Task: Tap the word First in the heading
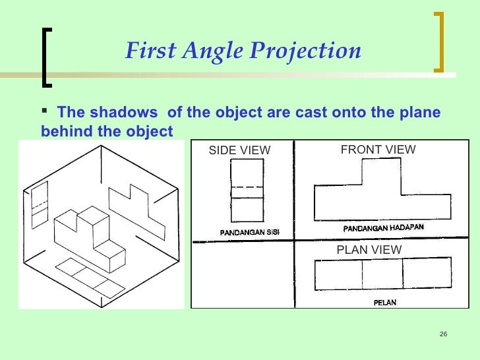pyautogui.click(x=146, y=50)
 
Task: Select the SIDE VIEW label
pyautogui.click(x=239, y=151)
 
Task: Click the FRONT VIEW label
pyautogui.click(x=378, y=150)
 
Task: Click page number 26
pyautogui.click(x=442, y=334)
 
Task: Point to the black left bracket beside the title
pyautogui.click(x=46, y=55)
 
